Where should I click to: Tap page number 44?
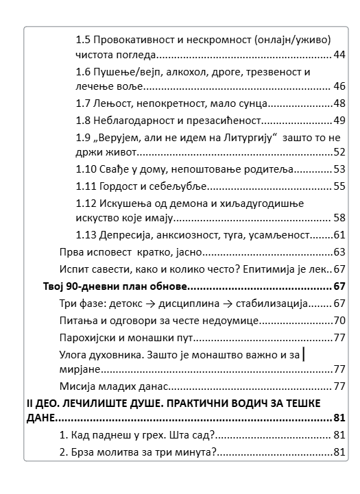point(338,55)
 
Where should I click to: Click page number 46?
point(338,86)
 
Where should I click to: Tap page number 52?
point(338,152)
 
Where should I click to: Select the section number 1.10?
point(87,169)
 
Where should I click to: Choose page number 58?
point(338,218)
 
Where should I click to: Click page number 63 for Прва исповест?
point(338,252)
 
